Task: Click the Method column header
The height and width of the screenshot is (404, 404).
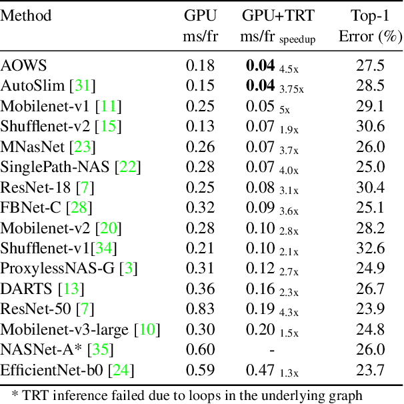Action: click(26, 15)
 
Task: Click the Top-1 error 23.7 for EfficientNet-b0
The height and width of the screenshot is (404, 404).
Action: click(371, 370)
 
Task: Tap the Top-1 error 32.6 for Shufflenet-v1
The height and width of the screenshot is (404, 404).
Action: click(371, 248)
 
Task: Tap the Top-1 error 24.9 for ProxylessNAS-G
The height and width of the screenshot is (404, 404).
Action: click(371, 268)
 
